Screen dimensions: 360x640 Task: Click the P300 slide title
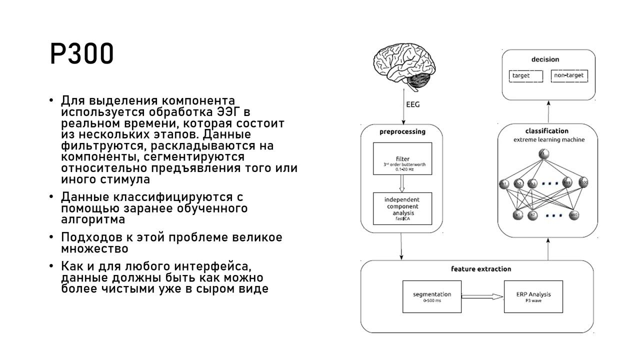coord(82,53)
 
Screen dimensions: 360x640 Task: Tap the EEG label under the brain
coord(412,105)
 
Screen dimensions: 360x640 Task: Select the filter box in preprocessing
coord(402,158)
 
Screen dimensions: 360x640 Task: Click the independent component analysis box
coord(402,208)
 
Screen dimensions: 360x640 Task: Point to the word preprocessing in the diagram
coord(402,132)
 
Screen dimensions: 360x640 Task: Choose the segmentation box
coord(432,297)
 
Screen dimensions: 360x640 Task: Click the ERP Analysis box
coord(533,297)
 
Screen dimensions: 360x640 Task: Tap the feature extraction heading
coord(481,269)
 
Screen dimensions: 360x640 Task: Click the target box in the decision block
coord(525,76)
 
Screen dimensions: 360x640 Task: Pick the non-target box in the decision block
coord(569,76)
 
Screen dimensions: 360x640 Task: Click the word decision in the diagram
coord(545,59)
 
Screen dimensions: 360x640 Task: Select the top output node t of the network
coord(544,154)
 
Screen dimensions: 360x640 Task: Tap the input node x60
coord(574,215)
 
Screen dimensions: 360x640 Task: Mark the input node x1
coord(518,215)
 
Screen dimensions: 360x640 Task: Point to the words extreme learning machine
coord(548,140)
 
